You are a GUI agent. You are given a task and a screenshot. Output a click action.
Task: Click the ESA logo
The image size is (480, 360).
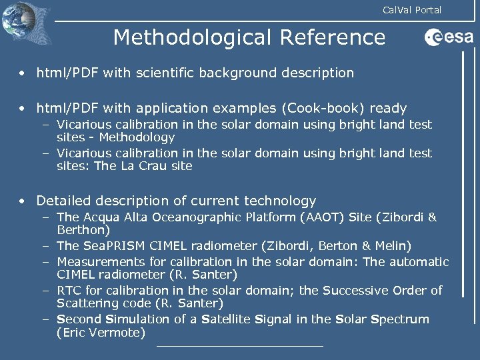coord(448,37)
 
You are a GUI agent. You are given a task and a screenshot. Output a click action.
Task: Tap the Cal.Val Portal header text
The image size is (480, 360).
coord(411,9)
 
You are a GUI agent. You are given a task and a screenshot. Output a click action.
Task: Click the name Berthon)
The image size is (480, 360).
coord(83,230)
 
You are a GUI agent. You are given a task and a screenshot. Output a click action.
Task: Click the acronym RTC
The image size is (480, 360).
coord(69,291)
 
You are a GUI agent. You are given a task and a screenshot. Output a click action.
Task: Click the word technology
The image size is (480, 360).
coord(280,201)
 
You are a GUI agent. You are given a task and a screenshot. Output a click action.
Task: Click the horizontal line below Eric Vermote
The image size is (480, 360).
coord(240,346)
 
